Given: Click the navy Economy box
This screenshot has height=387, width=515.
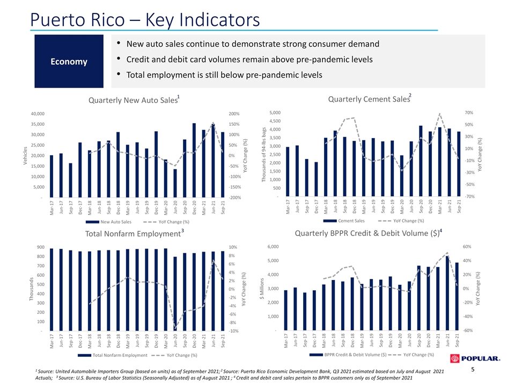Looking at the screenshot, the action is (69, 61).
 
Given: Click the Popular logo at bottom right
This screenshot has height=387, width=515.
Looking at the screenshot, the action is (475, 359).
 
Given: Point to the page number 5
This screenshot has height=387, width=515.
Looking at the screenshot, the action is (473, 370).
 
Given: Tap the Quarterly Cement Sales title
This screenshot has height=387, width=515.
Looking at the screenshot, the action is (370, 99).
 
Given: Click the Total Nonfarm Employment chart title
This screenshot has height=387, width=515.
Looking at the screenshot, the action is (134, 233).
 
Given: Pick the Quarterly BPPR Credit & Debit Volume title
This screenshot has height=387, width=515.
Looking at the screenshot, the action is (369, 233).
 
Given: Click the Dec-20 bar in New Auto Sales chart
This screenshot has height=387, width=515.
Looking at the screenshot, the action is (194, 160).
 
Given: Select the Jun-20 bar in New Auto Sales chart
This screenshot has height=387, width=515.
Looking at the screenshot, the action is (175, 183).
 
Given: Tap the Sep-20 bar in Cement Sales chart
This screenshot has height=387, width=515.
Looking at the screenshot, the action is (421, 161).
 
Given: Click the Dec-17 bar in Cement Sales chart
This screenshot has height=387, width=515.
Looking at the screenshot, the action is (317, 180).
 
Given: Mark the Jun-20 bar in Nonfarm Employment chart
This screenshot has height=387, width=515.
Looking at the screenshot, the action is (175, 294).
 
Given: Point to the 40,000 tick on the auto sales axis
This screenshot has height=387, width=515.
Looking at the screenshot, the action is (38, 114).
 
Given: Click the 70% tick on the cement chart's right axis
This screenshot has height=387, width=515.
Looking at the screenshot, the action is (469, 112).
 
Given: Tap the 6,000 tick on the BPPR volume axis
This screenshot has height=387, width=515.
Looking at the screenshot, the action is (273, 247).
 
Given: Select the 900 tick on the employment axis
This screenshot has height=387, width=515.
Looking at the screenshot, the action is (41, 247).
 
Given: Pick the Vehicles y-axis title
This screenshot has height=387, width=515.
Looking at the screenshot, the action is (25, 156).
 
